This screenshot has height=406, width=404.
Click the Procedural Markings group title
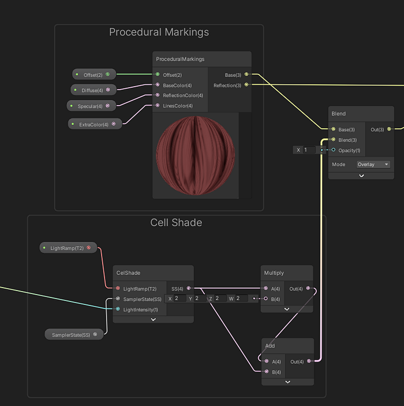tap(159, 32)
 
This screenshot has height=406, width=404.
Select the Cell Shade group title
tap(176, 222)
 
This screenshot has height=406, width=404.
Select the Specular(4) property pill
tap(91, 106)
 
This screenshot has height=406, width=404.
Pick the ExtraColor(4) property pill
tap(95, 124)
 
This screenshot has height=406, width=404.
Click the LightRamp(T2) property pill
tap(68, 248)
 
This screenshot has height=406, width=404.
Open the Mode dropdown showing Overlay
tap(373, 165)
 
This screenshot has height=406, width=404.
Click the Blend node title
tap(339, 114)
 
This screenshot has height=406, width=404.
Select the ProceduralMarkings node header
tap(180, 59)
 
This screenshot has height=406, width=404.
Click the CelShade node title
tap(129, 273)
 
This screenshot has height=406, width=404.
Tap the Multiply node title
tap(274, 273)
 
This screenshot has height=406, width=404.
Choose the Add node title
tap(270, 346)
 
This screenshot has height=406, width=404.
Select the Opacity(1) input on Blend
tap(349, 150)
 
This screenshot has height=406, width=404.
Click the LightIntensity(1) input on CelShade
tap(140, 310)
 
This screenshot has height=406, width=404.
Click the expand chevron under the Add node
tap(287, 382)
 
